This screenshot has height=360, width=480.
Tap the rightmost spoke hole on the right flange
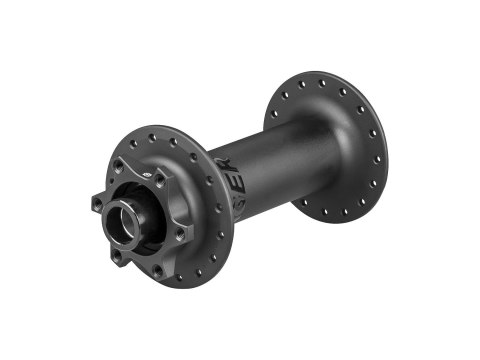pos(378,152)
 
